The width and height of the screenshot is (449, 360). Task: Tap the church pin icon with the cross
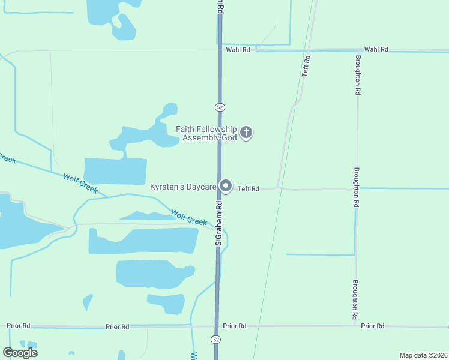pos(246,133)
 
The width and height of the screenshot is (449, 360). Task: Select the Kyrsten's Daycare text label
pos(183,188)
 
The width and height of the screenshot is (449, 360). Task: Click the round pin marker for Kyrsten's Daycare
pos(226,187)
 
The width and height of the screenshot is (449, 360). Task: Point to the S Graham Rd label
pos(219,222)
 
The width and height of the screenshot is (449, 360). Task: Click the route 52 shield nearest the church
pos(219,107)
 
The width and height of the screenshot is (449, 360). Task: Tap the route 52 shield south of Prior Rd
pos(215,340)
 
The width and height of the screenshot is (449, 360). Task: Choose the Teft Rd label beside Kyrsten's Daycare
pos(248,189)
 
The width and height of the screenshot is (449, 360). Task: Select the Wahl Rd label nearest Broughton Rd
pos(376,50)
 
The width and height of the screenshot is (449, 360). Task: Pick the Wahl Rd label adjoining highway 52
pos(238,50)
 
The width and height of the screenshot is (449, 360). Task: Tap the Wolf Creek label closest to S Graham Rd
pos(189,217)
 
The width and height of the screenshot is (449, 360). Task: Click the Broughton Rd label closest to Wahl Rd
pos(358,75)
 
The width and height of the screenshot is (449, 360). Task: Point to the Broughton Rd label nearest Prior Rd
pos(356,299)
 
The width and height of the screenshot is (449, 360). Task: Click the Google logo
pos(20,353)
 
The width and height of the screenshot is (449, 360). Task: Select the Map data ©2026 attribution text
pos(423,355)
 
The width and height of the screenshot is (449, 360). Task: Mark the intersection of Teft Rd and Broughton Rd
pos(357,189)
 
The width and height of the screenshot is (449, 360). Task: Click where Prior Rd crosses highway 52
pos(216,326)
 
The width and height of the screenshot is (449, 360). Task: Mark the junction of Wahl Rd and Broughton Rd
pos(358,50)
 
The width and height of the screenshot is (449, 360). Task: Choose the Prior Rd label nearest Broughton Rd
pos(373,326)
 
